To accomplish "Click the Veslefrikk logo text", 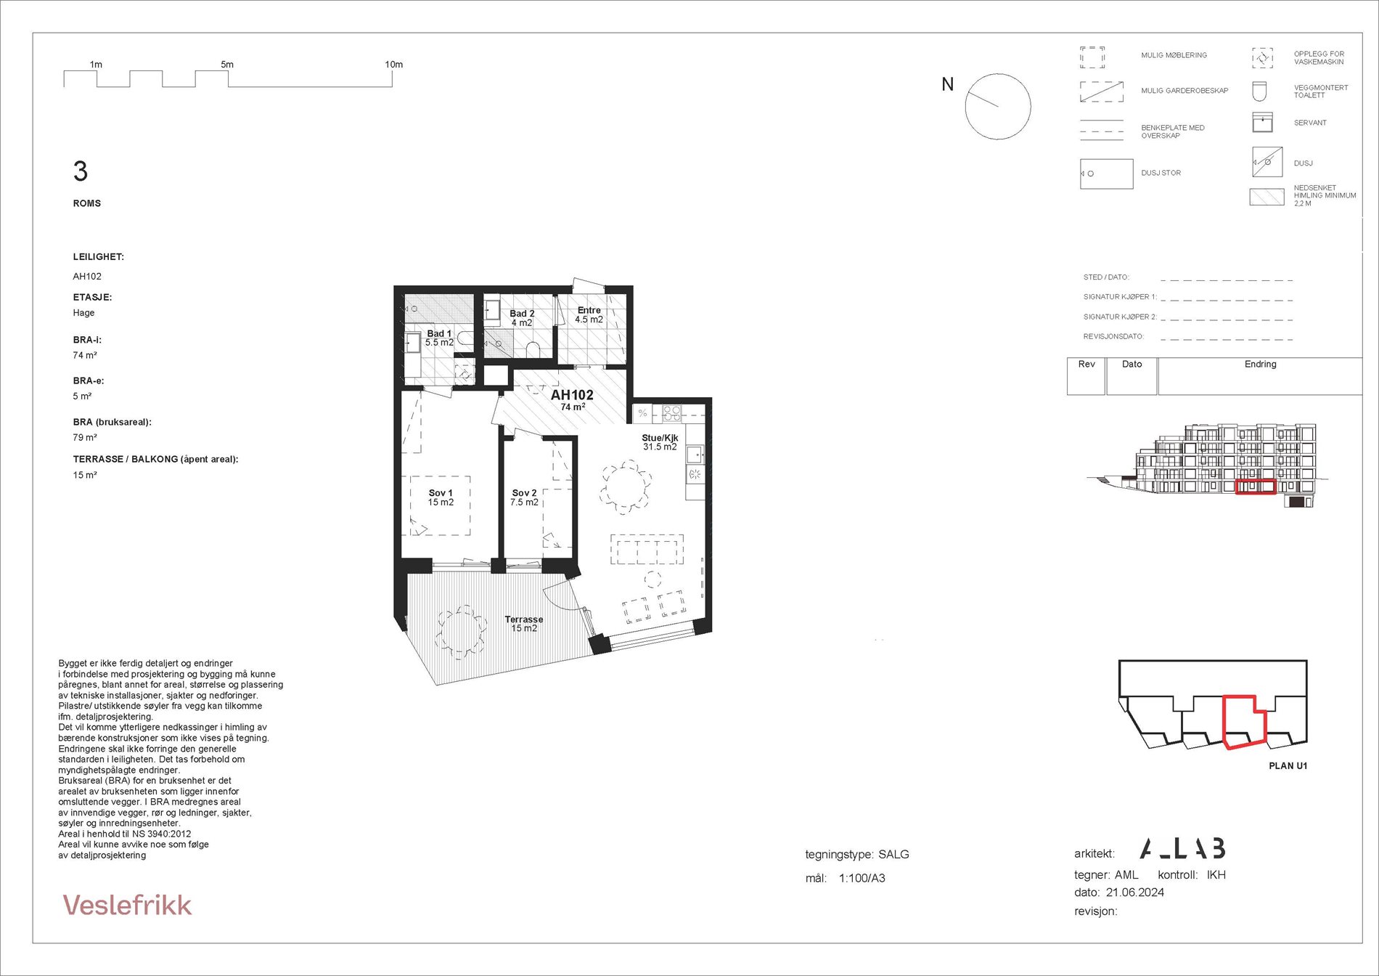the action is pyautogui.click(x=127, y=905).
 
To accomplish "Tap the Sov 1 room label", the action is pyautogui.click(x=441, y=497).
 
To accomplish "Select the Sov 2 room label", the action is pyautogui.click(x=524, y=497).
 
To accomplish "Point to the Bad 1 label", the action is pyautogui.click(x=439, y=338).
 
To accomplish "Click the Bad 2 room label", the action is pyautogui.click(x=522, y=318).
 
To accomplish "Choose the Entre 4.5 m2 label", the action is pyautogui.click(x=589, y=314).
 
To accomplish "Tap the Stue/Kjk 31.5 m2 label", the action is pyautogui.click(x=660, y=442).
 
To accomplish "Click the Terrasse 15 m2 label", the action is pyautogui.click(x=524, y=624).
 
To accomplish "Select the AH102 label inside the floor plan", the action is pyautogui.click(x=572, y=395).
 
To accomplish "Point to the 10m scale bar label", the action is pyautogui.click(x=393, y=65).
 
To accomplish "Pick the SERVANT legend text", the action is pyautogui.click(x=1309, y=123).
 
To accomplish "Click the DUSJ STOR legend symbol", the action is pyautogui.click(x=1106, y=174).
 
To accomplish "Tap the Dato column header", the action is pyautogui.click(x=1132, y=365).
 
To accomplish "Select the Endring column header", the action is pyautogui.click(x=1260, y=365).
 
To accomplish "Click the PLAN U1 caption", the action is pyautogui.click(x=1288, y=765).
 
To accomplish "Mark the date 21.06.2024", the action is pyautogui.click(x=1134, y=892).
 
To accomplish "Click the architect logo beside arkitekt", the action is pyautogui.click(x=1182, y=848).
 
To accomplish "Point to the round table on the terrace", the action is pyautogui.click(x=461, y=632).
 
